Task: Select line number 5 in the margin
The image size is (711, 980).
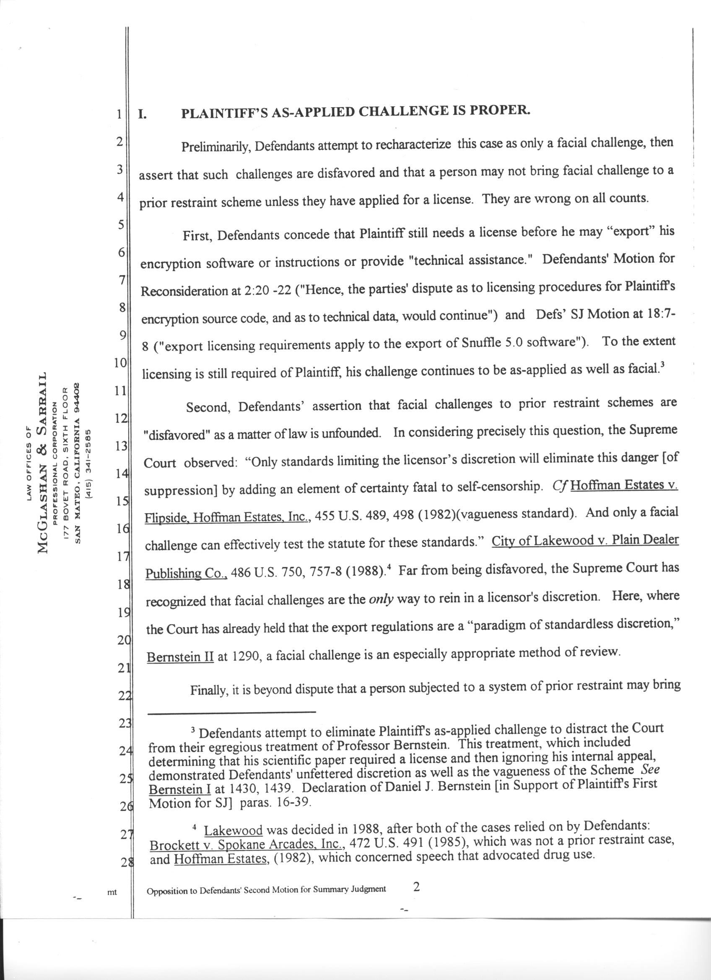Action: click(121, 225)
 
